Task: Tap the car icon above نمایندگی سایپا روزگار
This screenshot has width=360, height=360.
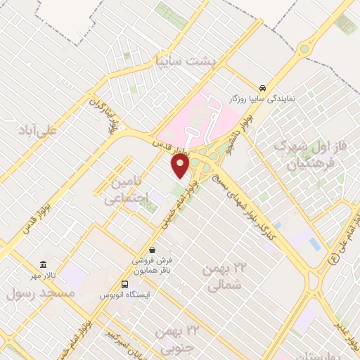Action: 262,88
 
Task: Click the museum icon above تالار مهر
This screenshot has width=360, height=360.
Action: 44,265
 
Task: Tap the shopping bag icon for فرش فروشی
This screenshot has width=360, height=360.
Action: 153,250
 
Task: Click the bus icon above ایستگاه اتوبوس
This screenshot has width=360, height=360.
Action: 124,285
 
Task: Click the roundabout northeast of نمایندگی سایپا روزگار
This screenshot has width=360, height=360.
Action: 304,49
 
